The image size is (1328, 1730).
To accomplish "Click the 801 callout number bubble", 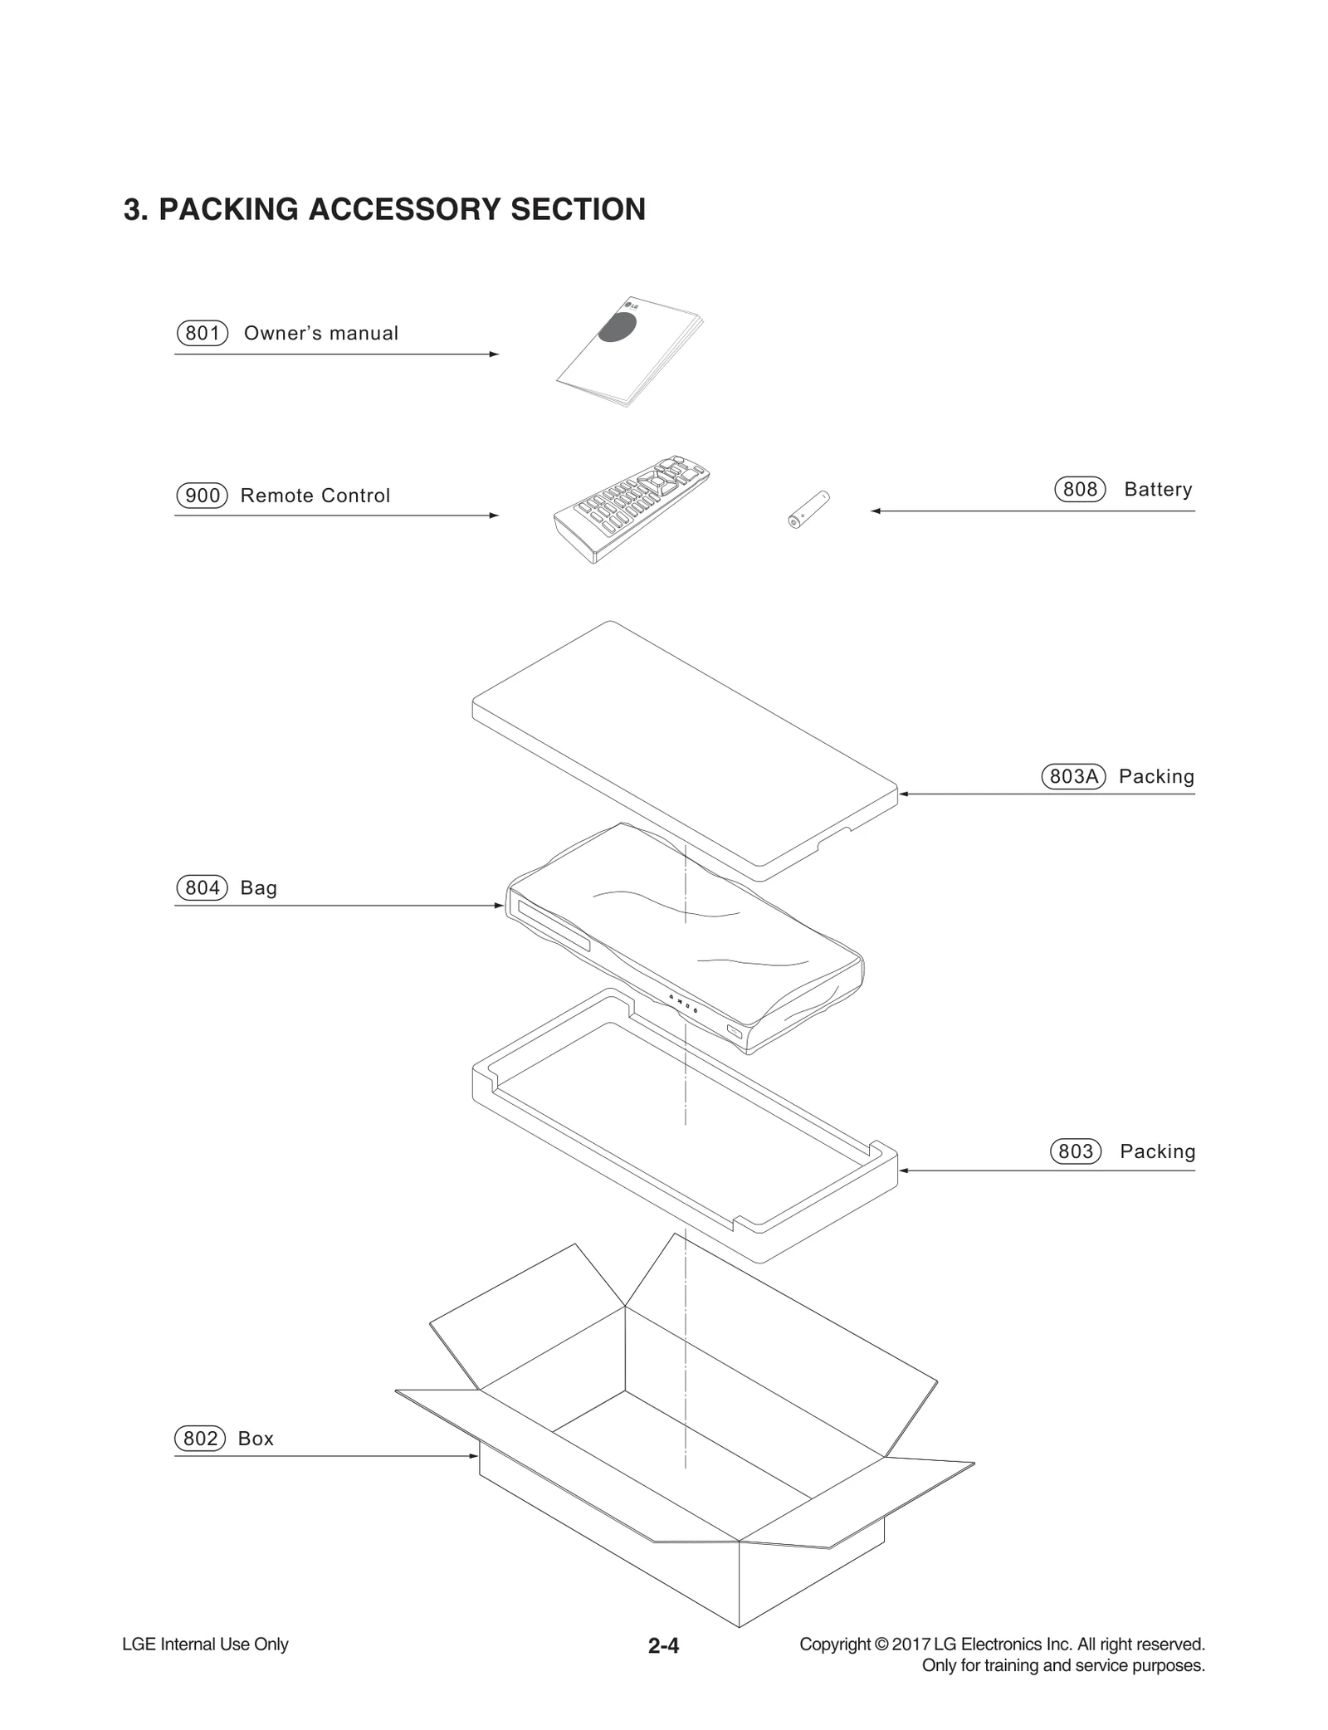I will pyautogui.click(x=202, y=333).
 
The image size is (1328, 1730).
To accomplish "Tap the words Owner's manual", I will pyautogui.click(x=320, y=333).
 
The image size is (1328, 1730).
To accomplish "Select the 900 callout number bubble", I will pyautogui.click(x=202, y=496).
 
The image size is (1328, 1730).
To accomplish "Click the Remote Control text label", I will pyautogui.click(x=315, y=496).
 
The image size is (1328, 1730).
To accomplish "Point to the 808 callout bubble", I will pyautogui.click(x=1080, y=489).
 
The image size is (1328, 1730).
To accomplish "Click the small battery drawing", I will pyautogui.click(x=808, y=510).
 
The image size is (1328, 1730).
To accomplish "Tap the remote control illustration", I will pyautogui.click(x=631, y=508).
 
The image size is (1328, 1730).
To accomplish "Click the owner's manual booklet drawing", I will pyautogui.click(x=628, y=353).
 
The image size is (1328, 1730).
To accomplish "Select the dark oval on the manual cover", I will pyautogui.click(x=618, y=327).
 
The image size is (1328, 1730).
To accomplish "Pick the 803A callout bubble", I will pyautogui.click(x=1073, y=776).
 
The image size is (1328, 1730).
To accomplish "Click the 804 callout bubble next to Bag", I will pyautogui.click(x=202, y=887).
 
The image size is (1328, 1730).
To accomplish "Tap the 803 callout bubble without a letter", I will pyautogui.click(x=1076, y=1151).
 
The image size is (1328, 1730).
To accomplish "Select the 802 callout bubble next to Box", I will pyautogui.click(x=200, y=1439).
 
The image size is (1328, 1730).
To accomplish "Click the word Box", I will pyautogui.click(x=256, y=1439).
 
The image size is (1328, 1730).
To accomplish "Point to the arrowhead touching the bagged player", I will pyautogui.click(x=500, y=905).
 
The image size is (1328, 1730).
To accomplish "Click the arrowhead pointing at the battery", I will pyautogui.click(x=875, y=511).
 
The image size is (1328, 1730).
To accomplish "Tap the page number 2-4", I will pyautogui.click(x=663, y=1645).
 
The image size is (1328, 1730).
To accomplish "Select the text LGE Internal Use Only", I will pyautogui.click(x=205, y=1644).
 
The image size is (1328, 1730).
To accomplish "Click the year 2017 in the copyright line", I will pyautogui.click(x=911, y=1644).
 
